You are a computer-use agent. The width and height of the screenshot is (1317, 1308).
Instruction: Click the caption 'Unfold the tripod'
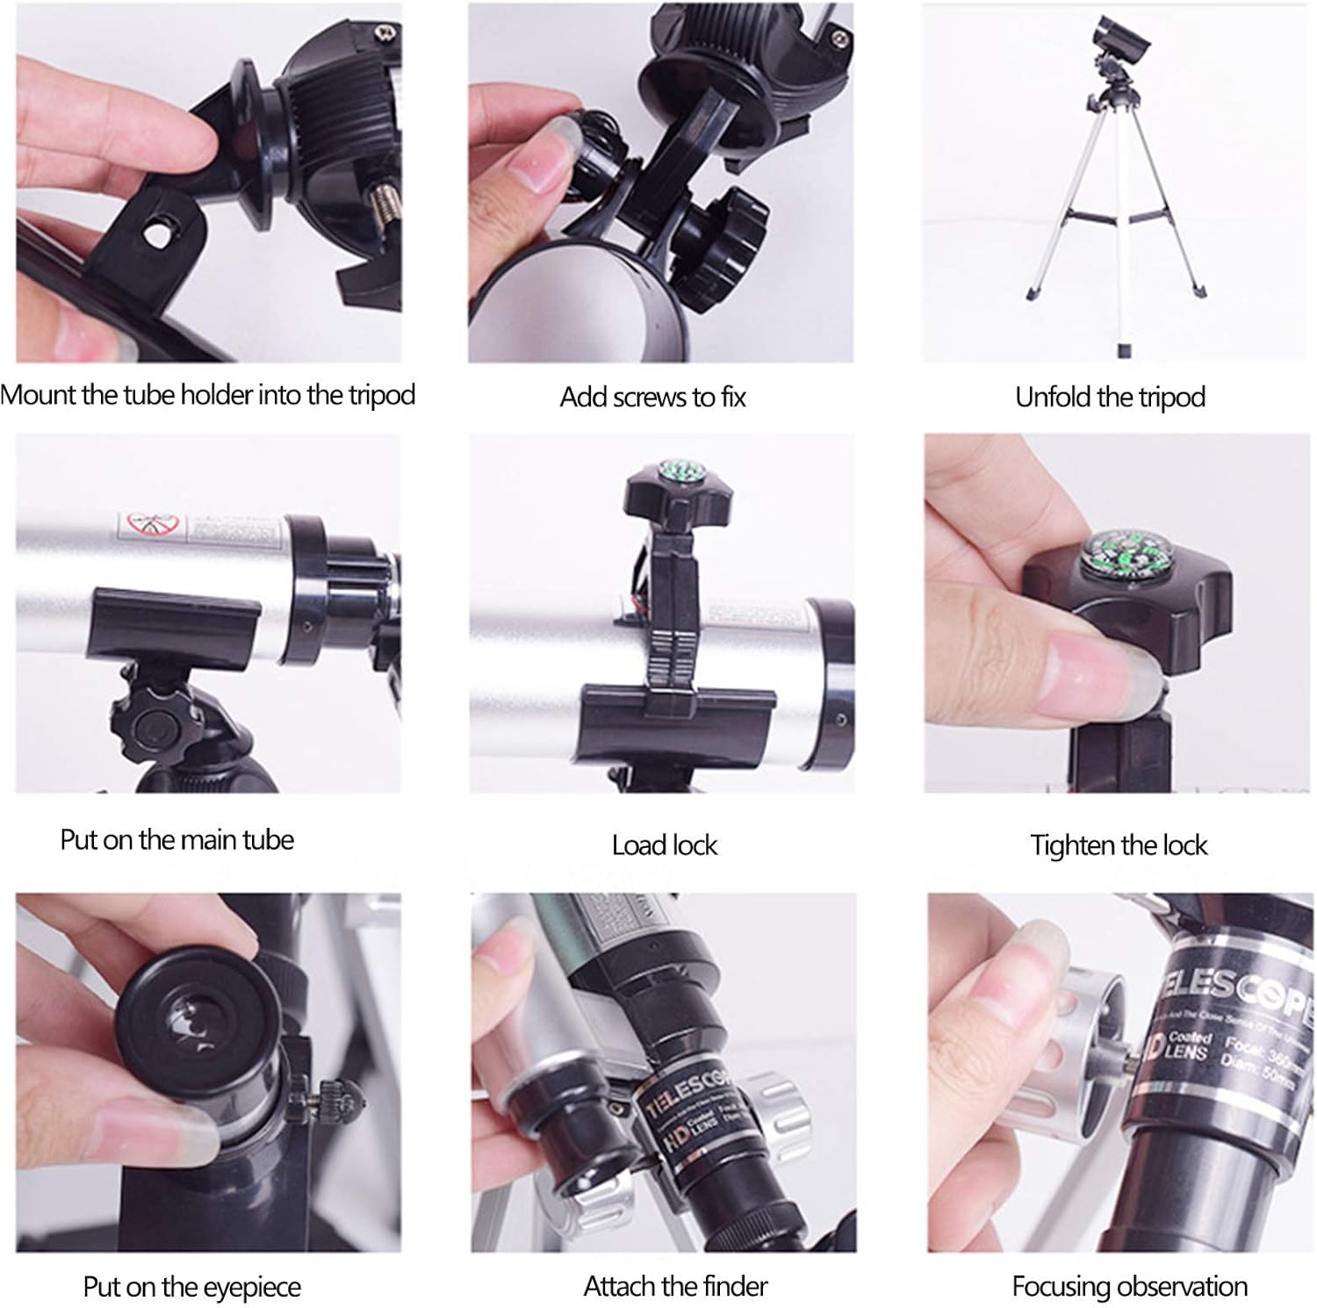pyautogui.click(x=1110, y=398)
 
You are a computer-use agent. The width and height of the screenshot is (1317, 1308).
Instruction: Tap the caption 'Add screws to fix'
pyautogui.click(x=652, y=398)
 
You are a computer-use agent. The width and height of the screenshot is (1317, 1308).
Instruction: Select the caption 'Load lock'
pyautogui.click(x=665, y=845)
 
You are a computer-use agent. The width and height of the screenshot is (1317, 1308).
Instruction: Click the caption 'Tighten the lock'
pyautogui.click(x=1119, y=845)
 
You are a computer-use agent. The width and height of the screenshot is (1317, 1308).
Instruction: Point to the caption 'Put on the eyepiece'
pyautogui.click(x=191, y=1287)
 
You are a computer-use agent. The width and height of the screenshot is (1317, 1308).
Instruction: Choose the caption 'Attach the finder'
pyautogui.click(x=675, y=1286)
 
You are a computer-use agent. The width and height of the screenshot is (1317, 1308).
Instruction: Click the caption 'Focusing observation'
pyautogui.click(x=1129, y=1286)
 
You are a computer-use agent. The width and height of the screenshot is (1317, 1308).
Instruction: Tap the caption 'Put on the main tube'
pyautogui.click(x=176, y=840)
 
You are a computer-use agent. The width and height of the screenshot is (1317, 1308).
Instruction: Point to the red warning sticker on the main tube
pyautogui.click(x=147, y=526)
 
